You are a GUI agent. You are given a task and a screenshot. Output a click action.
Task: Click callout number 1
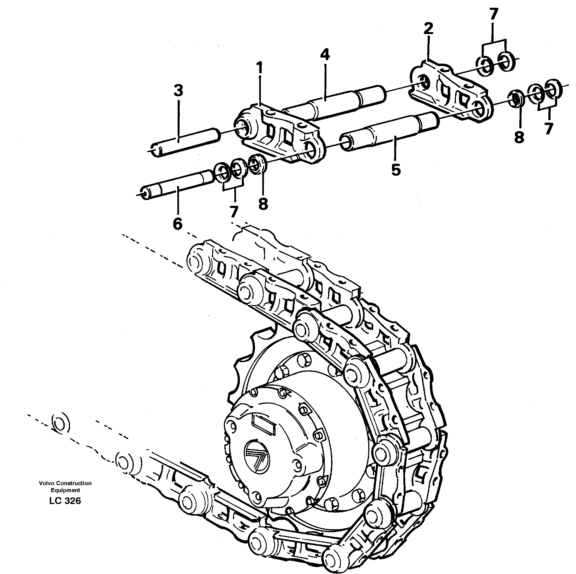pos(260,68)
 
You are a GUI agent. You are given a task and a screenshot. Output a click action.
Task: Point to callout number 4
pos(325,54)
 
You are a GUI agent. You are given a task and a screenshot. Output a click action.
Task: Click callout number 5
pos(396,170)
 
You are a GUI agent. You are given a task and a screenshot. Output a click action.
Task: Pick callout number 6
pos(177,224)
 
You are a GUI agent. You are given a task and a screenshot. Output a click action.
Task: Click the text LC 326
pos(65,501)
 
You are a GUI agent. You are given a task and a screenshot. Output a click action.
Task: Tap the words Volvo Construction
pos(65,483)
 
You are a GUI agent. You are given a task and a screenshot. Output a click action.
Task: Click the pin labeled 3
pos(185,141)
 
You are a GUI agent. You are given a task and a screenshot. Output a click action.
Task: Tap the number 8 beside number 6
pos(263,204)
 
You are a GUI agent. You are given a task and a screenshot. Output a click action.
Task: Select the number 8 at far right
pos(519,138)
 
